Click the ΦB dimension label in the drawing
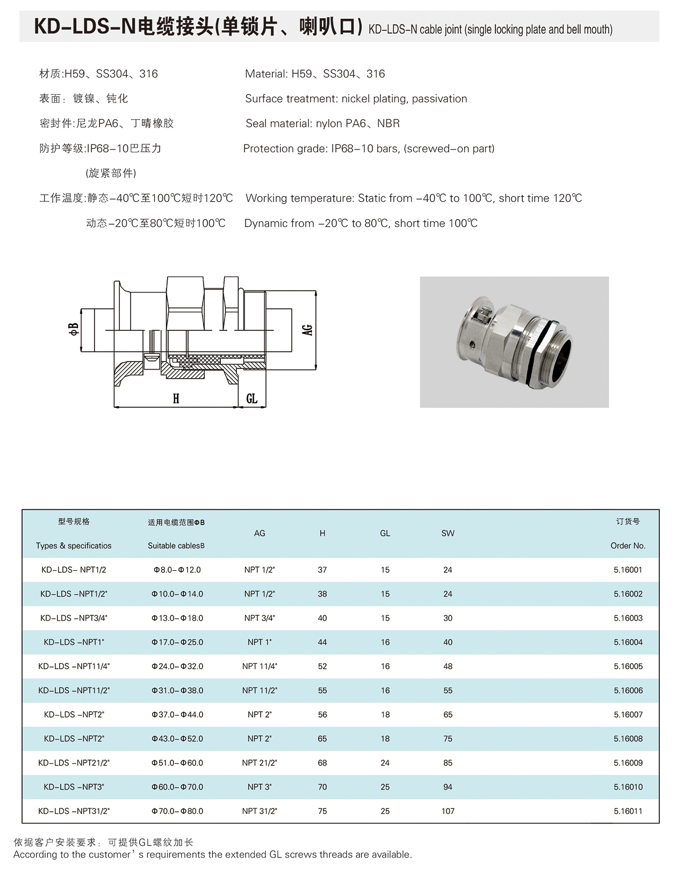point(74,328)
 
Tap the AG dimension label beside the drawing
point(307,330)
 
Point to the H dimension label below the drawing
point(176,399)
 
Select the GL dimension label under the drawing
point(251,399)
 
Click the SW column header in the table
point(448,533)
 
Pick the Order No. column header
point(628,545)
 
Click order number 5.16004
point(628,642)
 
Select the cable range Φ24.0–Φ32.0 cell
point(177,667)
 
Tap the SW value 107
point(448,811)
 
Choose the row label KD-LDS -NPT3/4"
point(74,618)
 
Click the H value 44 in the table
point(322,642)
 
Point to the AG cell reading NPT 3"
point(260,787)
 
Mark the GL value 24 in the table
point(385,763)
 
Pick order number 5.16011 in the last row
point(628,811)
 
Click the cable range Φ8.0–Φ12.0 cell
point(177,570)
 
